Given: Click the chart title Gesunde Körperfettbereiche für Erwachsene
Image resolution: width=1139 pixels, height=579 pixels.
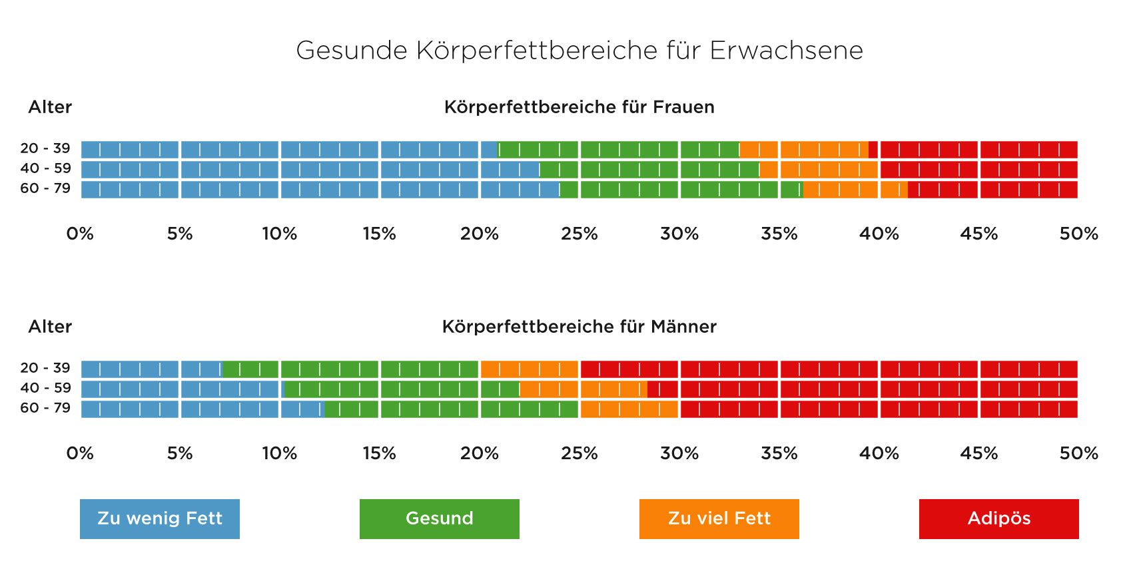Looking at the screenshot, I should point(579,51).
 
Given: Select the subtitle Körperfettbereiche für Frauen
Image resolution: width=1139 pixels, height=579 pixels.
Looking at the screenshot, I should point(579,107).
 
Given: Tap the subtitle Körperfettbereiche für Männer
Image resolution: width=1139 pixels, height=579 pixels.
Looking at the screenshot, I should point(579,327).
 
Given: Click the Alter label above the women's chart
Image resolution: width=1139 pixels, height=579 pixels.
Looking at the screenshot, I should point(50,107).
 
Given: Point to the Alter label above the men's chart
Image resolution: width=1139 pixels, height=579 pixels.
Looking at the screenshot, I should point(50,327).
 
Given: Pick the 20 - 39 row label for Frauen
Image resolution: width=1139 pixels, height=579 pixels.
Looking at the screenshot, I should point(45,148).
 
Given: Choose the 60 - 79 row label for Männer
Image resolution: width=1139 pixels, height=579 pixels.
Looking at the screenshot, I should point(45,408).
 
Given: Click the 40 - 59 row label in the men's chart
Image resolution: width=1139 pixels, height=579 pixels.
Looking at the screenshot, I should point(45,388).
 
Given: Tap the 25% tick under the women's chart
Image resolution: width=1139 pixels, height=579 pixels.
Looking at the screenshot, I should point(579,234).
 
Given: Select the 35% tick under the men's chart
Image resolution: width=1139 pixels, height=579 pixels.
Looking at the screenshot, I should point(779,454).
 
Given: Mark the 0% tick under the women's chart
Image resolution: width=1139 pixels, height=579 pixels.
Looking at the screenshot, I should point(80,234).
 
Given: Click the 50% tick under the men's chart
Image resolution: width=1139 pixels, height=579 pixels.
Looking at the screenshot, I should point(1078,454).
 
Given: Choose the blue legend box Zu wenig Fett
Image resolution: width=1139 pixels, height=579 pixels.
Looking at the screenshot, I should point(160,519).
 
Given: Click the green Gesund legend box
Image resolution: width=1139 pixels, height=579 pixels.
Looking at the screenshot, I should point(440,519).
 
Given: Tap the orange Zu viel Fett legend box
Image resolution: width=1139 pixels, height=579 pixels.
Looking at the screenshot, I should point(719,519).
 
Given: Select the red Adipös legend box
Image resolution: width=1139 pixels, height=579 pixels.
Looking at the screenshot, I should point(999,519).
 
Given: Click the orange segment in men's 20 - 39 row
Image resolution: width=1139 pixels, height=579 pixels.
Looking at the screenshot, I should point(530,369).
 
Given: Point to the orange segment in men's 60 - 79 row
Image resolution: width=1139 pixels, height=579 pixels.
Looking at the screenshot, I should point(629,409).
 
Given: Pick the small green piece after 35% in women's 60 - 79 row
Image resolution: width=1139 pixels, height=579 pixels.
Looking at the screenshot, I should point(792,190).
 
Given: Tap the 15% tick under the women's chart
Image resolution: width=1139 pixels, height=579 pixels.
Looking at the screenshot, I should point(379,234).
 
